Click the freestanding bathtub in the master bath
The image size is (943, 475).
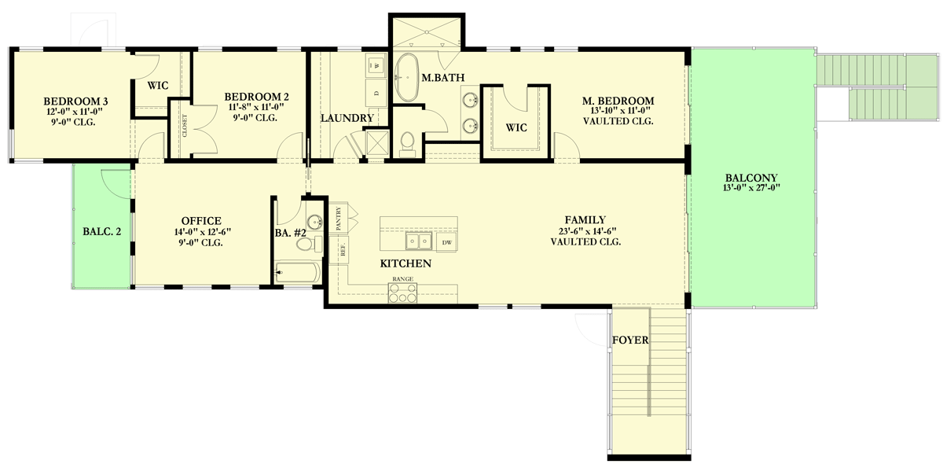point(406,78)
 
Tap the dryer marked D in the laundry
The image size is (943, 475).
point(376,93)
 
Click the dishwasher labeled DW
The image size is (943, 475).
point(446,243)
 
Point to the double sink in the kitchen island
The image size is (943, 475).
point(419,241)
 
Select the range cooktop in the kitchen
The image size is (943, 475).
point(403,293)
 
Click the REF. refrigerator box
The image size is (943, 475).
point(343,251)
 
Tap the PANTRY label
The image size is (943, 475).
point(339,217)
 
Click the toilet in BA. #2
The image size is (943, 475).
point(306,245)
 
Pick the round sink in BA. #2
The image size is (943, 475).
point(314,222)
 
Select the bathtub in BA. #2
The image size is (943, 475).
point(297,273)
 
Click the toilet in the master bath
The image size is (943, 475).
point(407,142)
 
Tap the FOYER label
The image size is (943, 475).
point(629,341)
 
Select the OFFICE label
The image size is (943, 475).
point(201,221)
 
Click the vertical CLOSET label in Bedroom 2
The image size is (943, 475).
point(185,126)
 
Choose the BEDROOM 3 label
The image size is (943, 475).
point(75,101)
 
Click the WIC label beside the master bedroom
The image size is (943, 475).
point(516,127)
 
